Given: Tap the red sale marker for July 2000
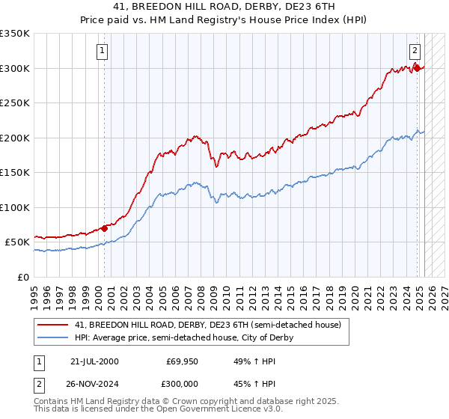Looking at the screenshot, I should pyautogui.click(x=104, y=228).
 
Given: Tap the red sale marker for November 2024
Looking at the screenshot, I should pyautogui.click(x=417, y=68).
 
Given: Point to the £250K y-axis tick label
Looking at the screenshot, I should pyautogui.click(x=15, y=103).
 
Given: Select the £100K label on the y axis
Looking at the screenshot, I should pyautogui.click(x=15, y=207).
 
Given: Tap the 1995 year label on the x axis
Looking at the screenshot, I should pyautogui.click(x=34, y=293).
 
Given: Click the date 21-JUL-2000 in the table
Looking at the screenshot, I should pyautogui.click(x=94, y=361).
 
